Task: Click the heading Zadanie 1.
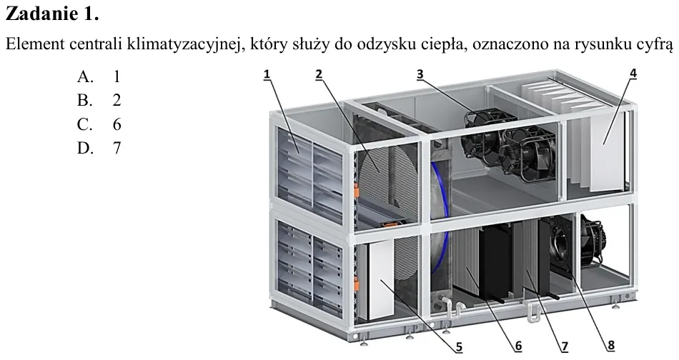click(x=52, y=14)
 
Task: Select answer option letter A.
click(x=85, y=76)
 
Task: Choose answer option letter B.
click(x=85, y=101)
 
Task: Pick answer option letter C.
click(x=85, y=124)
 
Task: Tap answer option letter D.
click(x=85, y=148)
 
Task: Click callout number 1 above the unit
click(x=267, y=74)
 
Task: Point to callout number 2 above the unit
click(x=319, y=74)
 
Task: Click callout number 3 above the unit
click(x=420, y=74)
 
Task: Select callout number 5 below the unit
click(x=459, y=346)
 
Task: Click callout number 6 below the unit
click(x=518, y=346)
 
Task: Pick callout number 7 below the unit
click(x=565, y=346)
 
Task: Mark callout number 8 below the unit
click(x=610, y=346)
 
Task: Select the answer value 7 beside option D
click(x=117, y=148)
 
